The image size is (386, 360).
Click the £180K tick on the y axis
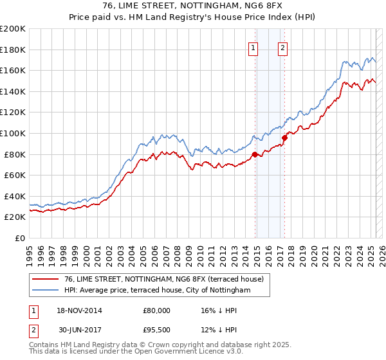coord(13,50)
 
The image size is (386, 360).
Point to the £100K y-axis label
coord(13,133)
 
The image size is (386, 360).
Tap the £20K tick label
coord(15,217)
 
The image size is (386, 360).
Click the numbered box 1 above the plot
coord(253,47)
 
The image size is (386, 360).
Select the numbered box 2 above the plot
coord(282,47)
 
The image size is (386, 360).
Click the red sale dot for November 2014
coord(255,154)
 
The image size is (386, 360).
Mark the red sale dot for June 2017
coord(284,138)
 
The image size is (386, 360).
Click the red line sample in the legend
coord(46,279)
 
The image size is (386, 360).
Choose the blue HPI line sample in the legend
coord(46,291)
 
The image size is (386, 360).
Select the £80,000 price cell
coord(156,310)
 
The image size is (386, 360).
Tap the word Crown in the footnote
coord(162,345)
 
